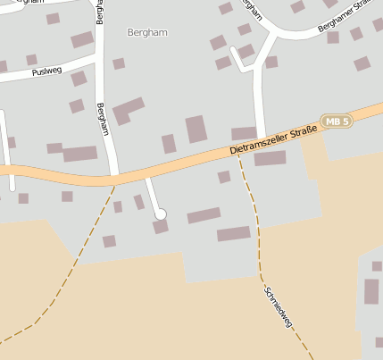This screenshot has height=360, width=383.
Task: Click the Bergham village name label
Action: point(147,32)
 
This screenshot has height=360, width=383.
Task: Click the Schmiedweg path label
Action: point(278,306)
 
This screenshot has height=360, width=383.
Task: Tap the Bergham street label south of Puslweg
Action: point(103,118)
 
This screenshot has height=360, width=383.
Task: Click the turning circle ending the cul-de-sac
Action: point(161,213)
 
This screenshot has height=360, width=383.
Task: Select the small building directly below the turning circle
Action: point(161,227)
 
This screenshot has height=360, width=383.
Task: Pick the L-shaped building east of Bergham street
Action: point(128,110)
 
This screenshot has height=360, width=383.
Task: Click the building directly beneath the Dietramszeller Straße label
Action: point(270,159)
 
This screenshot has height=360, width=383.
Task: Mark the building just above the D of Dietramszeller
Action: point(244,133)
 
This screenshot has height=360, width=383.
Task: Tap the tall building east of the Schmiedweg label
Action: point(371,291)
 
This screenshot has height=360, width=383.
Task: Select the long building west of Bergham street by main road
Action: point(79,154)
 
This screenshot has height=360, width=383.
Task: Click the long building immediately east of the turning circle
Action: point(204,215)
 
